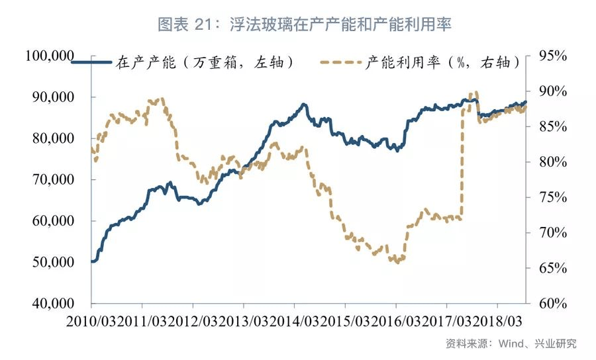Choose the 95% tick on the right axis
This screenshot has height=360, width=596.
552,57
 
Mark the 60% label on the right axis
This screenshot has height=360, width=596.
552,304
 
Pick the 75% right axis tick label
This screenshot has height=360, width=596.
552,198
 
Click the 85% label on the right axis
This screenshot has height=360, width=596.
552,127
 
